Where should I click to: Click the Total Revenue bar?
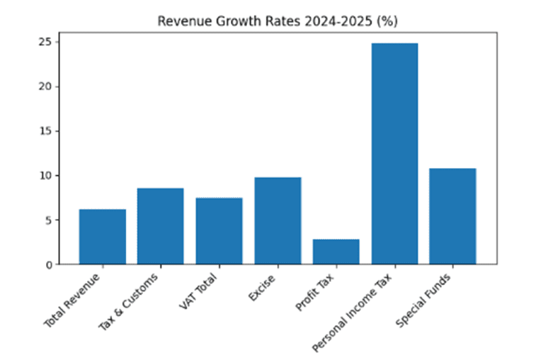pos(102,237)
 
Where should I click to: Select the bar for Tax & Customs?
pos(161,226)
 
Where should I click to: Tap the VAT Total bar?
pos(219,231)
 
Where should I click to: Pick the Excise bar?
pos(278,220)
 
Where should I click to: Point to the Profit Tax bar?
pos(336,252)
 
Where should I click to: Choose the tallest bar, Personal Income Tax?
pos(394,154)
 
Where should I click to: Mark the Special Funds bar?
pos(452,216)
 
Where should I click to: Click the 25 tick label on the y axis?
pos(45,43)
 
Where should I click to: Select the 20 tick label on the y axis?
pos(45,87)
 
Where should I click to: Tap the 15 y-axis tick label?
pos(45,132)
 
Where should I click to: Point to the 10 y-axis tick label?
pos(45,176)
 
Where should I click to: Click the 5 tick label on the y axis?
pos(47,220)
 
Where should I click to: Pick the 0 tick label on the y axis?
pos(47,265)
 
